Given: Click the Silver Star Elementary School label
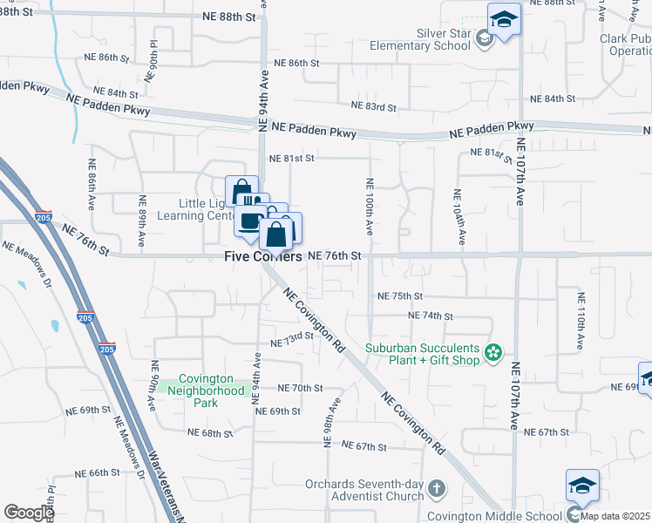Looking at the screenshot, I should [x=420, y=38].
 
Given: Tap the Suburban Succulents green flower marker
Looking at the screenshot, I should [x=493, y=353].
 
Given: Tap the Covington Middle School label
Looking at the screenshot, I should [x=494, y=516].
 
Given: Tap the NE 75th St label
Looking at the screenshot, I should [x=399, y=296].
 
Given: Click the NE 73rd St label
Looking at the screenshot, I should [x=291, y=337].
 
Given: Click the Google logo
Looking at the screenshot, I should [x=29, y=512].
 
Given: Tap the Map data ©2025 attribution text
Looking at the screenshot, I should [x=615, y=516].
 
